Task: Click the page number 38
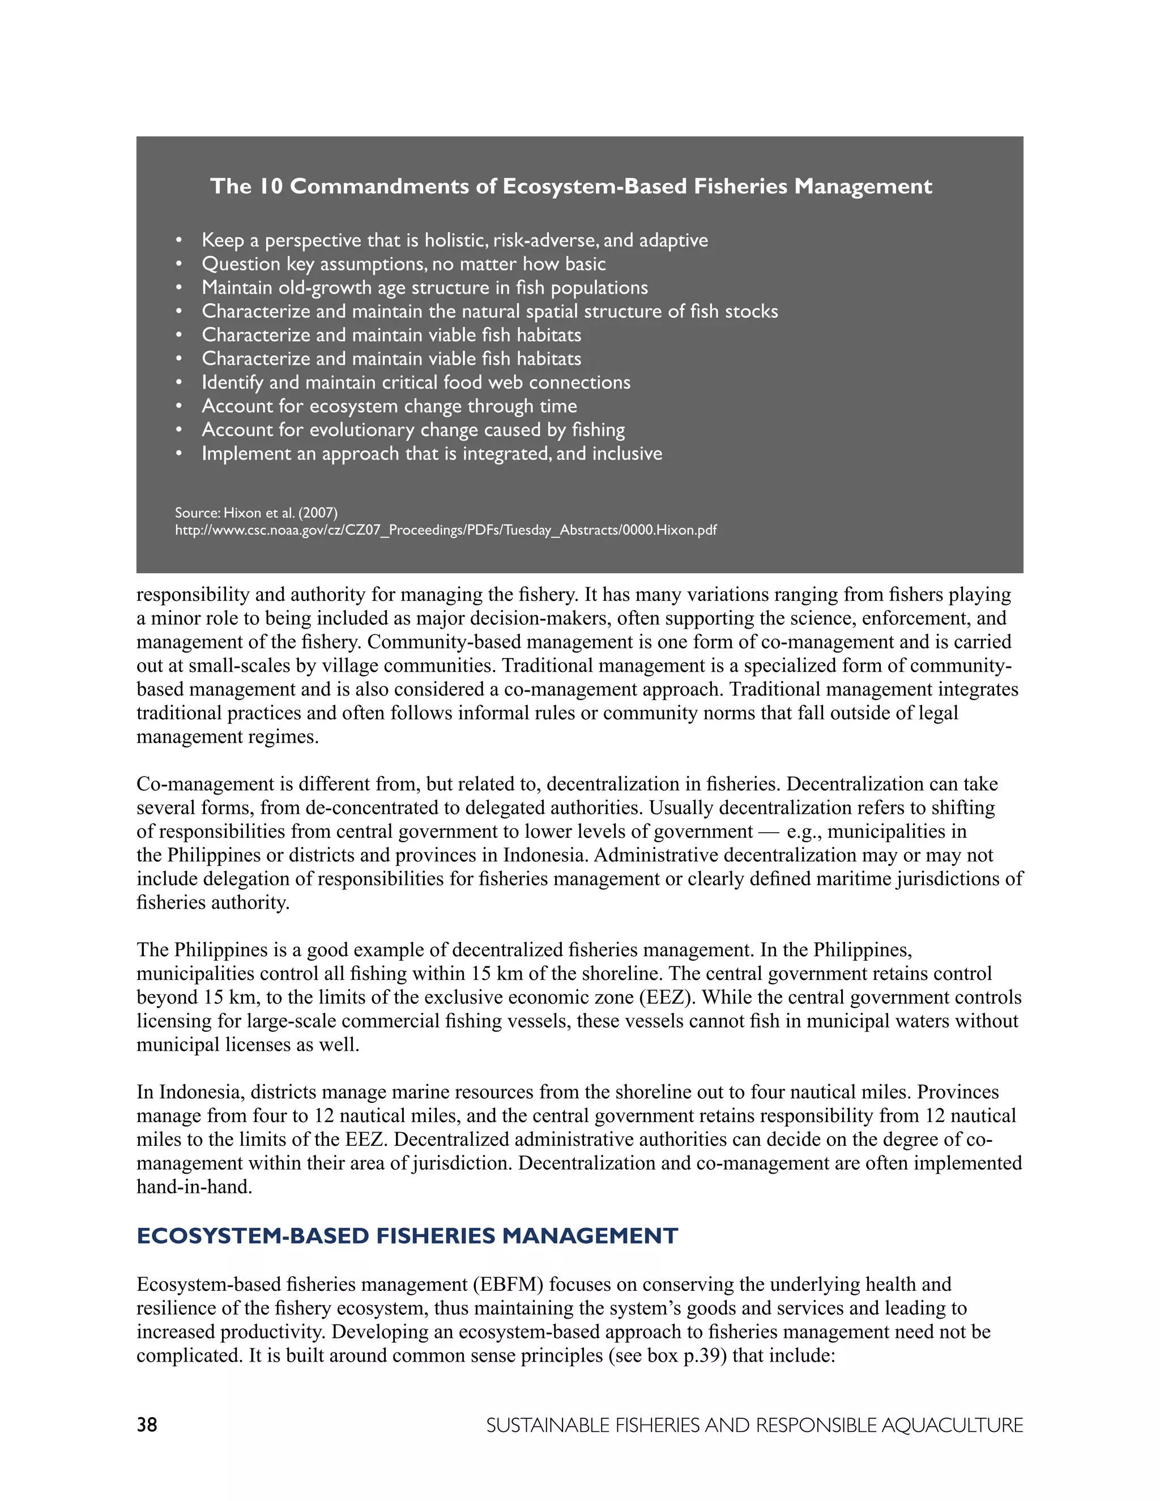click(x=147, y=1425)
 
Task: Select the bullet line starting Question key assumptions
click(x=403, y=264)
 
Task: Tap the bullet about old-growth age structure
click(x=425, y=287)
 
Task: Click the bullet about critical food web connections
click(x=416, y=382)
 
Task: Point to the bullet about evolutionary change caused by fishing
click(x=413, y=429)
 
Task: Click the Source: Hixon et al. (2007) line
click(x=257, y=513)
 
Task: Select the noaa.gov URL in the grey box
click(x=445, y=530)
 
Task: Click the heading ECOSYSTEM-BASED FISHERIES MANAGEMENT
click(x=407, y=1236)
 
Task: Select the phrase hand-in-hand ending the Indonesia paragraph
click(x=194, y=1187)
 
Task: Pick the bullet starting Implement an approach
click(x=432, y=454)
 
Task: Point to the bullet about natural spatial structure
click(x=489, y=312)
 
